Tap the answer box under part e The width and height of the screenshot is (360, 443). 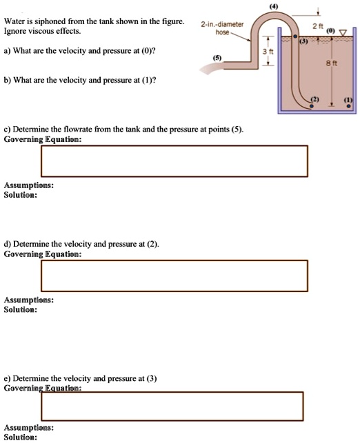coord(174,405)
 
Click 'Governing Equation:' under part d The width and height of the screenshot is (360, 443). coord(43,254)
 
